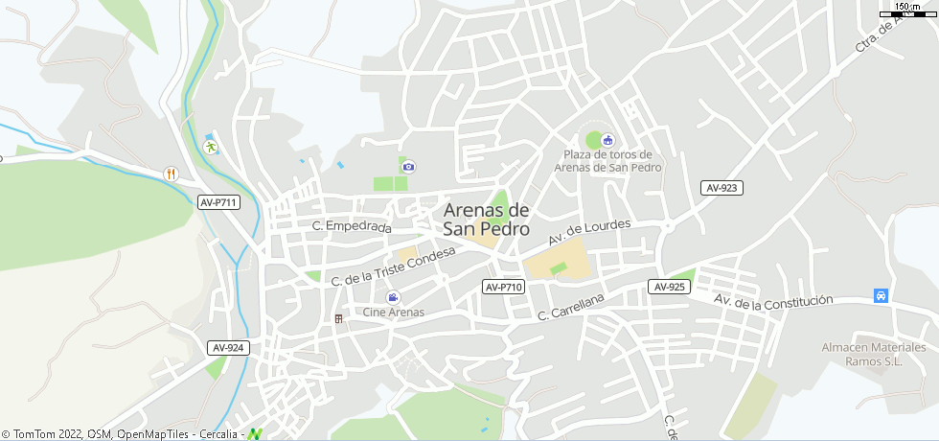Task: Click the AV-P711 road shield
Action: (x=218, y=202)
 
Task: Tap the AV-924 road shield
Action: (x=228, y=348)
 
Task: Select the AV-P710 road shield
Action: (x=503, y=287)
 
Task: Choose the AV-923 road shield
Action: (x=721, y=188)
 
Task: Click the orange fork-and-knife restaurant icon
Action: (x=171, y=173)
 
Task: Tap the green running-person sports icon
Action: (x=210, y=147)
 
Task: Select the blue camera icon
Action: (x=409, y=166)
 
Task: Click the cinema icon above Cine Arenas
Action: (x=393, y=297)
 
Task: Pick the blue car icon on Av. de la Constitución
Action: (x=881, y=295)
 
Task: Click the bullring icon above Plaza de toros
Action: (x=607, y=140)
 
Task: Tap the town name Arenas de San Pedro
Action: (x=487, y=220)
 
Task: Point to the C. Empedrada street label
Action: (x=353, y=227)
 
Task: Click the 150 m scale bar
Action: (x=906, y=12)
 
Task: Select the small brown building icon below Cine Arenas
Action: (x=337, y=318)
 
